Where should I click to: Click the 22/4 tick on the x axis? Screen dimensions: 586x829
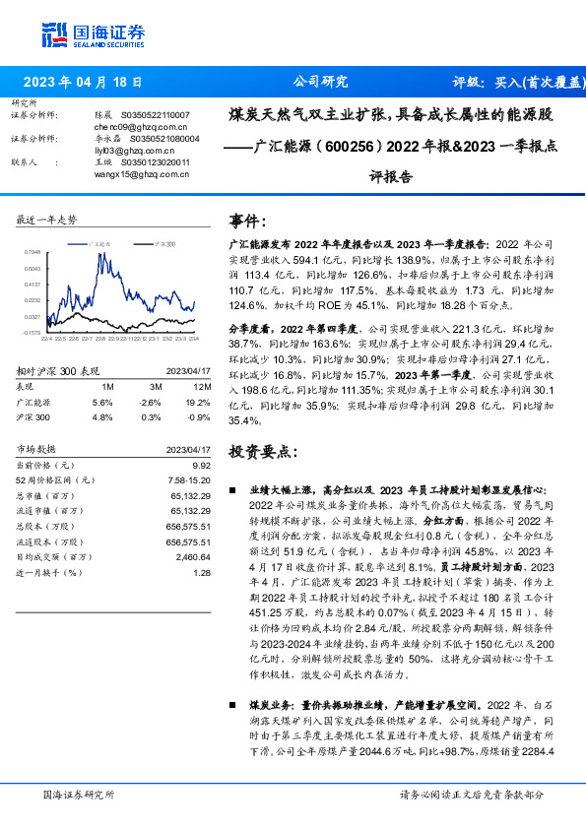point(46,339)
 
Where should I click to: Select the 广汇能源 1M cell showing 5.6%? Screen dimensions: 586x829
point(102,402)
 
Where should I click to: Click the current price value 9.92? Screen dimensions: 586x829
point(202,465)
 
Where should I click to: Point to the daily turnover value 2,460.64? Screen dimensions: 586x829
point(193,556)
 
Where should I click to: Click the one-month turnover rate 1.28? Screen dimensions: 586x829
point(202,571)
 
